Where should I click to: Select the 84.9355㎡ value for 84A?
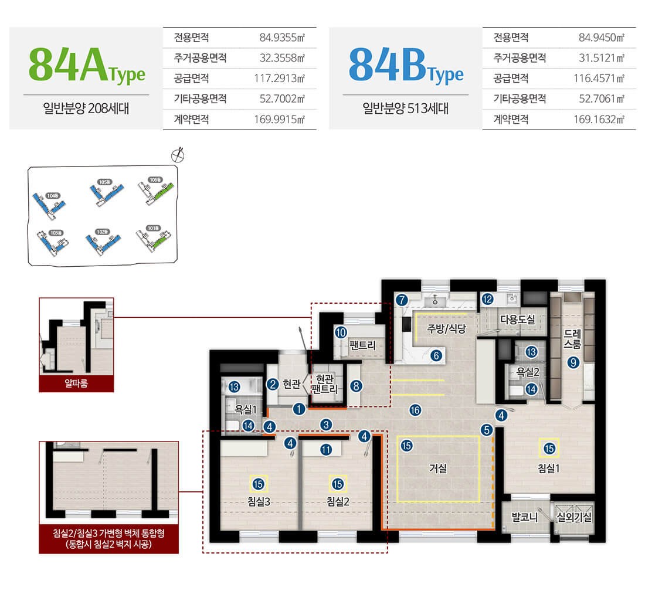283,38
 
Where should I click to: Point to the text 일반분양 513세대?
405,108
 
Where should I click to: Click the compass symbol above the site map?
178,155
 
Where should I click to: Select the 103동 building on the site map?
52,240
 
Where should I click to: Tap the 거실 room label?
438,468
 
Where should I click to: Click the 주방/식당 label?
446,329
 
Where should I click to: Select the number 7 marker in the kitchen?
401,300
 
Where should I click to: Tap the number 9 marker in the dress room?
573,363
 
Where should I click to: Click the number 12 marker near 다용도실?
487,299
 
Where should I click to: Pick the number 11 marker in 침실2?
327,450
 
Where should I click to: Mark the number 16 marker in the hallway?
415,410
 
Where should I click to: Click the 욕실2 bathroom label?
527,372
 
